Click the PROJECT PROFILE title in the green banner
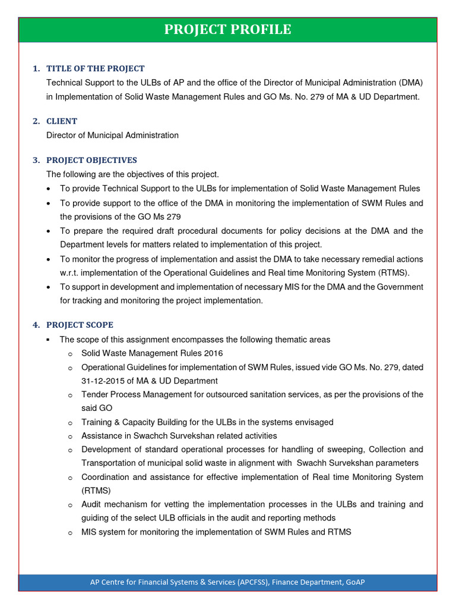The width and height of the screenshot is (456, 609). coord(227,29)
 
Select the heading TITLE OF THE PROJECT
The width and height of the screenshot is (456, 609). coord(95,68)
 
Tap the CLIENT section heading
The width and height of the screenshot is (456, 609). coord(62,121)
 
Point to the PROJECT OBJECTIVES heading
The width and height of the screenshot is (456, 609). coord(91,160)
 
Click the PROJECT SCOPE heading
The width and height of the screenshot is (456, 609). coord(80,325)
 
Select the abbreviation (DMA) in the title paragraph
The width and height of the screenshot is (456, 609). coord(411,83)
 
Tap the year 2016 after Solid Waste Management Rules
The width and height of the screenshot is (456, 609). coord(213,353)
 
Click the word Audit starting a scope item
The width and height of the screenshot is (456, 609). coord(92,504)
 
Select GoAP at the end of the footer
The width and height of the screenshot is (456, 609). coord(354,582)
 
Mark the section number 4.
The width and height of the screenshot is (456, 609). coord(36,325)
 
